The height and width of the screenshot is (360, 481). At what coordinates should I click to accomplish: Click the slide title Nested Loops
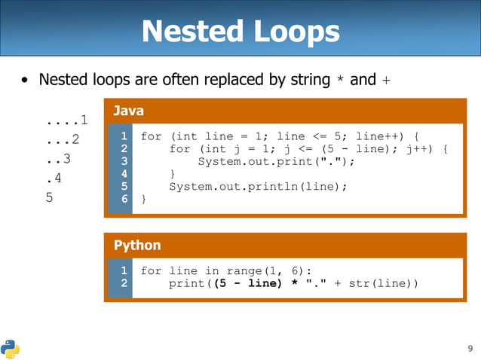tap(240, 32)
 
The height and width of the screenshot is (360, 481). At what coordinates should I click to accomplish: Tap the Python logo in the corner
tap(10, 349)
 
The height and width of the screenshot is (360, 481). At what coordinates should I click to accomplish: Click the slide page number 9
tap(470, 349)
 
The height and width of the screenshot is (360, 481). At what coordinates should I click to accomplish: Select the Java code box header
tap(128, 111)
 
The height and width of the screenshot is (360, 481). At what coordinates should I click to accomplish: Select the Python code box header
tap(136, 246)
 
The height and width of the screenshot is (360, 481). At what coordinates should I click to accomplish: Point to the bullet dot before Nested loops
tap(26, 80)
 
